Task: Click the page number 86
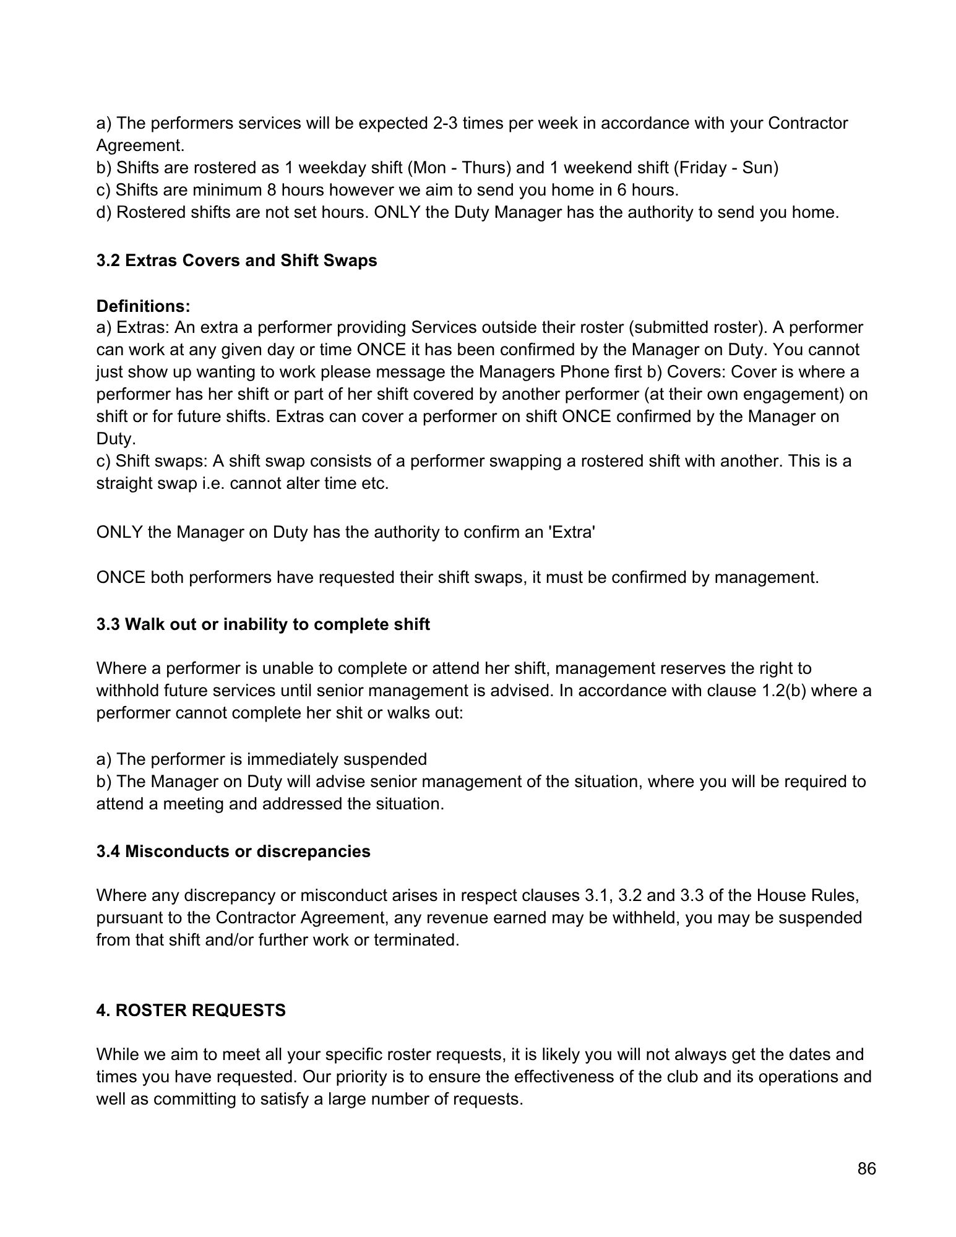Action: tap(866, 1169)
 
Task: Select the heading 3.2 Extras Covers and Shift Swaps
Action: tap(236, 261)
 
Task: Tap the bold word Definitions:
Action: tap(144, 306)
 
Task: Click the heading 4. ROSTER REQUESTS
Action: tap(191, 1011)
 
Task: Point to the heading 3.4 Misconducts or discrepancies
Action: tap(233, 851)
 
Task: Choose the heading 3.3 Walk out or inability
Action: tap(262, 624)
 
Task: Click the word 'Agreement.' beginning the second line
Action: tap(140, 145)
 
